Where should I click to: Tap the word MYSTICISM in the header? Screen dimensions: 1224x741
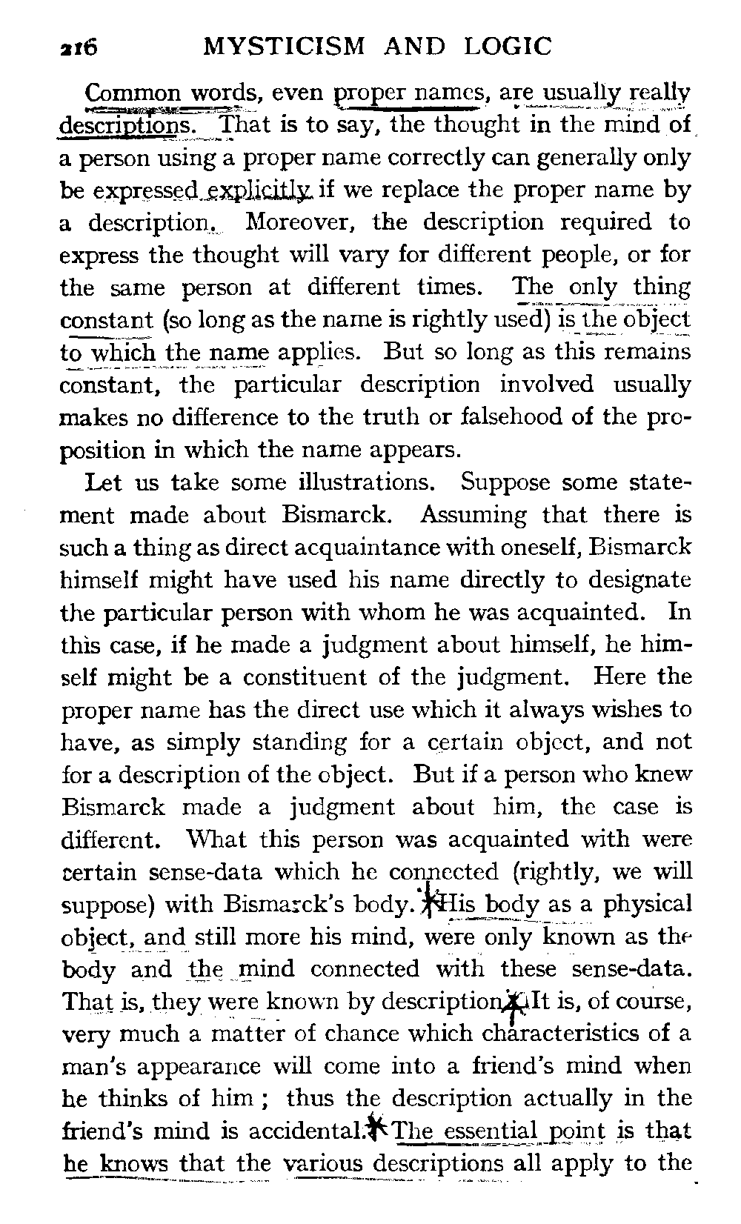[285, 47]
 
